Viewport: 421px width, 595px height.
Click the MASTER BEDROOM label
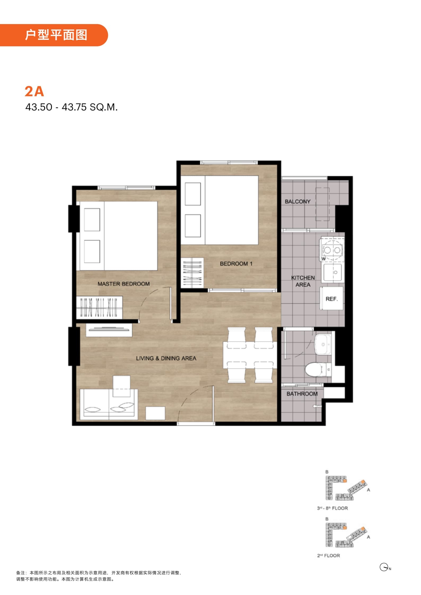124,284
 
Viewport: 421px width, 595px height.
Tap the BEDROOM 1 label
236,264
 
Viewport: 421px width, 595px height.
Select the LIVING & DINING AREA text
166,358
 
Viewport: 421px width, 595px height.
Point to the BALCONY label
297,201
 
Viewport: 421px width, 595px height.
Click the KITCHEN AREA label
303,281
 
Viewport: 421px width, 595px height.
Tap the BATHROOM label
302,394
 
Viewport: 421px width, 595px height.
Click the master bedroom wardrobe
99,308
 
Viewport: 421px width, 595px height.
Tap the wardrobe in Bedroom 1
192,273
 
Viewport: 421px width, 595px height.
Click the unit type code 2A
34,91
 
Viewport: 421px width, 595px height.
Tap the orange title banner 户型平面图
54,35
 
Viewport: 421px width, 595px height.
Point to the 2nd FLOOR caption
328,556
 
